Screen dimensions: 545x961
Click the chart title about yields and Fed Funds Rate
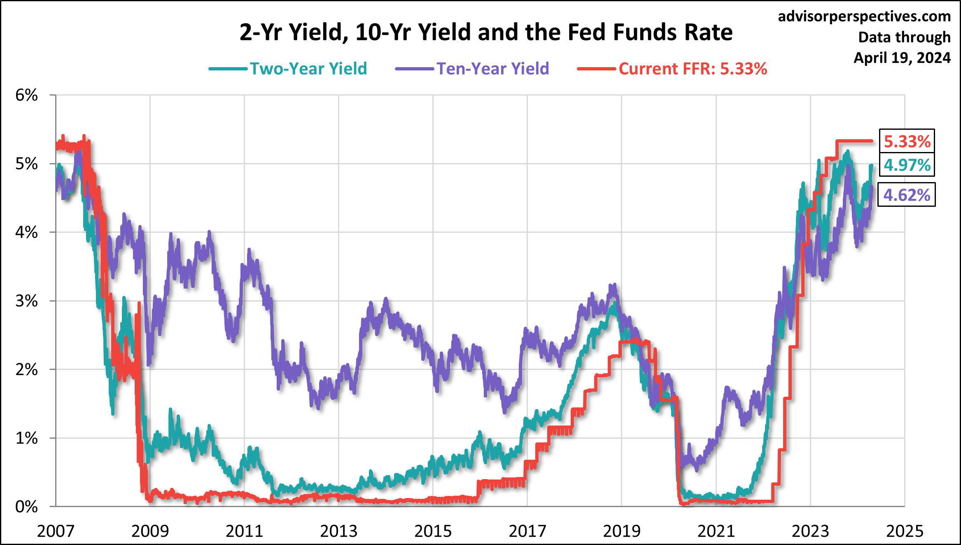[x=486, y=32]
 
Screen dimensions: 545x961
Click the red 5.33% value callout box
[x=907, y=141]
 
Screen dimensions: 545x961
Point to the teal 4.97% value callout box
[x=907, y=165]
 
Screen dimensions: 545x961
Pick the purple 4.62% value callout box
[x=907, y=195]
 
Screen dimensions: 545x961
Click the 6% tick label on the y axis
[x=26, y=95]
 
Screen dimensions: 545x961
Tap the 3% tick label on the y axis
[x=26, y=301]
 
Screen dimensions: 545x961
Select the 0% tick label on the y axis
[x=26, y=507]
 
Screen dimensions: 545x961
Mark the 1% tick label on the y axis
[x=26, y=438]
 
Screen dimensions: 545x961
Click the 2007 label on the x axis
[x=56, y=531]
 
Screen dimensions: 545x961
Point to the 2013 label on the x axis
[x=338, y=531]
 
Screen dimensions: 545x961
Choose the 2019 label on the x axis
[x=622, y=531]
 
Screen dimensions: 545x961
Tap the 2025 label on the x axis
[x=905, y=531]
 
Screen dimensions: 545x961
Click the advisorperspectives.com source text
[x=864, y=16]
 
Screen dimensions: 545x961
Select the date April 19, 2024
[x=902, y=58]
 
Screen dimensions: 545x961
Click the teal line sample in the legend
[x=229, y=69]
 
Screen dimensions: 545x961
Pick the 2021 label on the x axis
[x=716, y=531]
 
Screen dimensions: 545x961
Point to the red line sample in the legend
[x=597, y=69]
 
